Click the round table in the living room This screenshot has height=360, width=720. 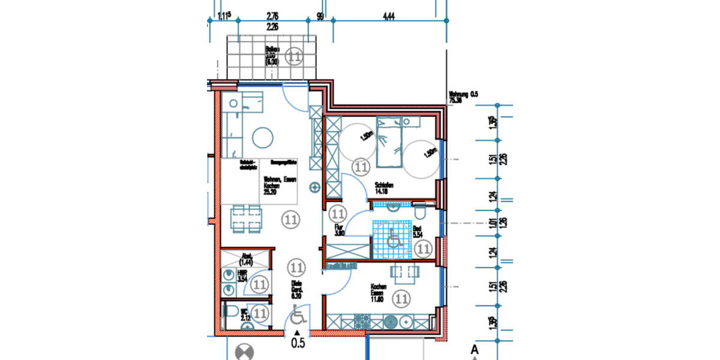coord(262,139)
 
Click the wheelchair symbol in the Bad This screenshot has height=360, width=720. coord(394,238)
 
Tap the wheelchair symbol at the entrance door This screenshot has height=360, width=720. coord(298,316)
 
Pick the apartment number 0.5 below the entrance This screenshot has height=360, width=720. coord(298,344)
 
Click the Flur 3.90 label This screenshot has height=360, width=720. coord(339,231)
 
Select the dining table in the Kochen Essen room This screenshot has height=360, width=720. coord(404,273)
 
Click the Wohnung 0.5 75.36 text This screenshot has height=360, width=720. coord(464,97)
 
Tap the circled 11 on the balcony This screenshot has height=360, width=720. coord(294,57)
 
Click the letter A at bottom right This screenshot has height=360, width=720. coord(474,349)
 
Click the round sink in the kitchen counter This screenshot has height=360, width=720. coord(391,323)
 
